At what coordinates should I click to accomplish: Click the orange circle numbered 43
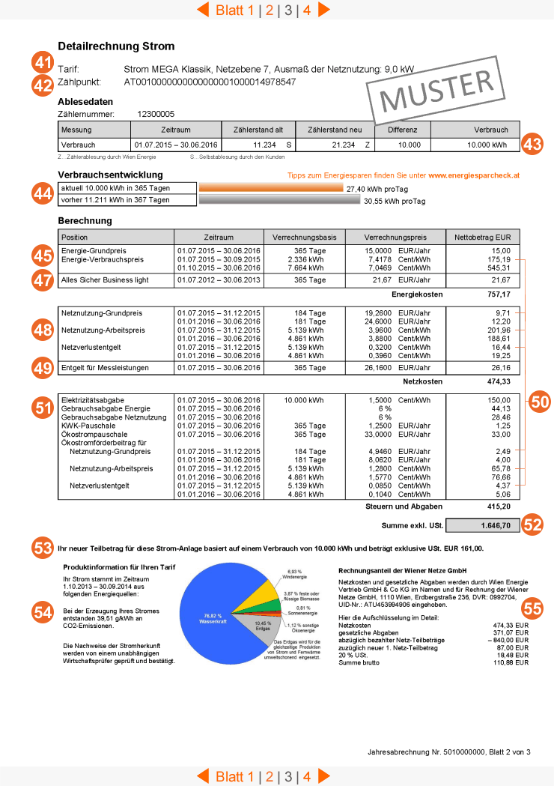pos(532,144)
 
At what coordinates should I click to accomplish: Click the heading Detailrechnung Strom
pos(116,46)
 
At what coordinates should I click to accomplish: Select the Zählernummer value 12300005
pos(156,114)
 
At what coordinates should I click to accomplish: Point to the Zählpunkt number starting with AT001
pos(210,82)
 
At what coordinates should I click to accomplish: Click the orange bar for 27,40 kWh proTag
pos(271,189)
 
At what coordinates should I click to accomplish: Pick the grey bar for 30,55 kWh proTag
pos(279,201)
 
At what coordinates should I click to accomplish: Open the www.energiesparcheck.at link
pos(474,175)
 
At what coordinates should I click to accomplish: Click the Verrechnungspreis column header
pos(395,237)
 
